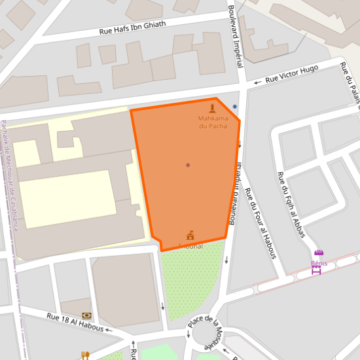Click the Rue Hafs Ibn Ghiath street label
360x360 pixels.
[x=132, y=27]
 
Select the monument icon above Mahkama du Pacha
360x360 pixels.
[x=212, y=108]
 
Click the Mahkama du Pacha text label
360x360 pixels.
[x=213, y=122]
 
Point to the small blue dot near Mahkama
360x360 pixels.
[x=234, y=106]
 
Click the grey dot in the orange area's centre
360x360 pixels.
[x=188, y=165]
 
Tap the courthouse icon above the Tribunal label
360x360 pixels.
[x=190, y=235]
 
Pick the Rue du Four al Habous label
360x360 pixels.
[x=260, y=223]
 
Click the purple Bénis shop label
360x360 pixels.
[x=319, y=263]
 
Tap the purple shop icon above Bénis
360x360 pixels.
[x=319, y=254]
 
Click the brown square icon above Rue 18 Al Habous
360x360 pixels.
[x=86, y=315]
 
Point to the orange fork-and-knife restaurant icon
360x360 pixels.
[x=85, y=355]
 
